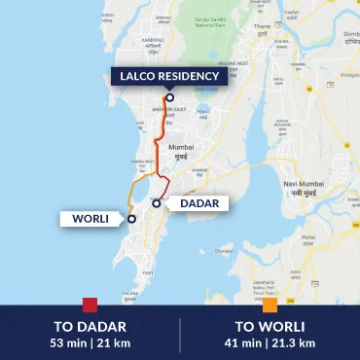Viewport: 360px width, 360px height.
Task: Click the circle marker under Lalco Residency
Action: [169, 97]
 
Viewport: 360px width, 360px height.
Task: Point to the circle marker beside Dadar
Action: [156, 204]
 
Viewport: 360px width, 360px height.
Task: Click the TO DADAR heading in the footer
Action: [90, 326]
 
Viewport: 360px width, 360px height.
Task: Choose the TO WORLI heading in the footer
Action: [270, 326]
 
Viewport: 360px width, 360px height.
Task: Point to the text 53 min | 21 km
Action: [90, 342]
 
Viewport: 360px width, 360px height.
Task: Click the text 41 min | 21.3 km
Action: [270, 342]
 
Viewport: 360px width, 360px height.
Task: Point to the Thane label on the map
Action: [262, 28]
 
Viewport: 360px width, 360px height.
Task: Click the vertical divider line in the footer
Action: [180, 333]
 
